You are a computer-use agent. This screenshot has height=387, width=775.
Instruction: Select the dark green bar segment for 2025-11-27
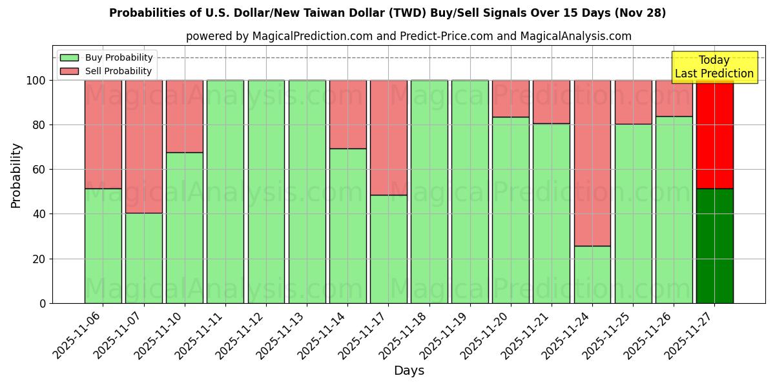pyautogui.click(x=714, y=246)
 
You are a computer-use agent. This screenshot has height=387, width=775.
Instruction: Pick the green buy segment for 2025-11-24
pyautogui.click(x=592, y=274)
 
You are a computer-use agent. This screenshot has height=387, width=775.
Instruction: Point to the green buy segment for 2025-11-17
pyautogui.click(x=388, y=249)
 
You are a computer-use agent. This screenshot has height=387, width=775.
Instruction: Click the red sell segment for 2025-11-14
pyautogui.click(x=347, y=114)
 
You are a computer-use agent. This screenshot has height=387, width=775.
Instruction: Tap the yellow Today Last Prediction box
pyautogui.click(x=714, y=67)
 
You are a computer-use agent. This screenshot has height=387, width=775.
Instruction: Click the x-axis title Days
pyautogui.click(x=409, y=371)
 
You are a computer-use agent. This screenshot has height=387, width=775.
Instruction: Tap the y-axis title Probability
pyautogui.click(x=16, y=175)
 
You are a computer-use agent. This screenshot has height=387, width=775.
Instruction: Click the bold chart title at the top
pyautogui.click(x=387, y=13)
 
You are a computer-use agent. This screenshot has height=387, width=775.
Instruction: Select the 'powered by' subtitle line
pyautogui.click(x=409, y=36)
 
